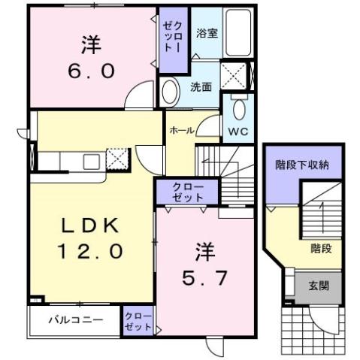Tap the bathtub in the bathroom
click(x=240, y=33)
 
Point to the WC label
click(x=238, y=130)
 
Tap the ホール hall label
click(x=181, y=131)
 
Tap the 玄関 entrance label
click(x=316, y=286)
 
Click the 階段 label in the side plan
click(x=321, y=247)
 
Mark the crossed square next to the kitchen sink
click(x=117, y=158)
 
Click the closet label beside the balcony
click(x=137, y=321)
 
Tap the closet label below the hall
click(x=186, y=192)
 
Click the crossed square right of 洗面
click(x=235, y=75)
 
